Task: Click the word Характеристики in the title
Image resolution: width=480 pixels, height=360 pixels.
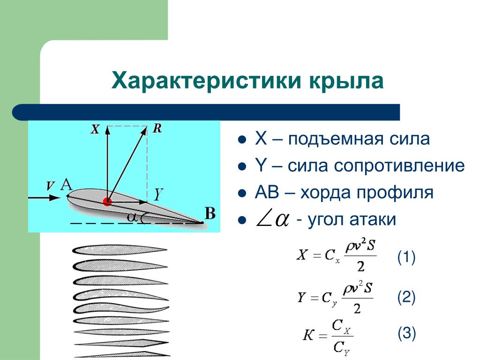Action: [x=206, y=81]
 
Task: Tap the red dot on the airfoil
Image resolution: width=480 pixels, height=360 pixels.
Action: [x=107, y=202]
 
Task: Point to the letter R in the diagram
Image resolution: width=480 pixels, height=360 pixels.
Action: [x=157, y=128]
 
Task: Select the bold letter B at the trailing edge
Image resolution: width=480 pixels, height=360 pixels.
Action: [x=210, y=213]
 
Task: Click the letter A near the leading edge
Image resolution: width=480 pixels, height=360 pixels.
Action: [x=67, y=185]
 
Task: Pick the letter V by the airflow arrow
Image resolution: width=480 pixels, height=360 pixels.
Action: [x=50, y=186]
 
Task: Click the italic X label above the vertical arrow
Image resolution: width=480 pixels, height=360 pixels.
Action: [x=96, y=129]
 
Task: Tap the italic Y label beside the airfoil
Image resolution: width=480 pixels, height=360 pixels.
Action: [x=158, y=194]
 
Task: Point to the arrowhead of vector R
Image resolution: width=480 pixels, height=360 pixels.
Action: [x=144, y=130]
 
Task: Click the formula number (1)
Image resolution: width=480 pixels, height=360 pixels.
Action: [x=406, y=257]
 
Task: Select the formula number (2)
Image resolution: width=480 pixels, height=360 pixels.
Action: [x=406, y=297]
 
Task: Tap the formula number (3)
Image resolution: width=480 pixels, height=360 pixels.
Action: [x=406, y=333]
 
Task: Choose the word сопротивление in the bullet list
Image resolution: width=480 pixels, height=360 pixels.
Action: [x=399, y=166]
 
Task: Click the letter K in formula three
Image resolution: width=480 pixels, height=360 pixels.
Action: [x=308, y=335]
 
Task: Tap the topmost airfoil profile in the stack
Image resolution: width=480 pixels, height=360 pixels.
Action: [x=120, y=250]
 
